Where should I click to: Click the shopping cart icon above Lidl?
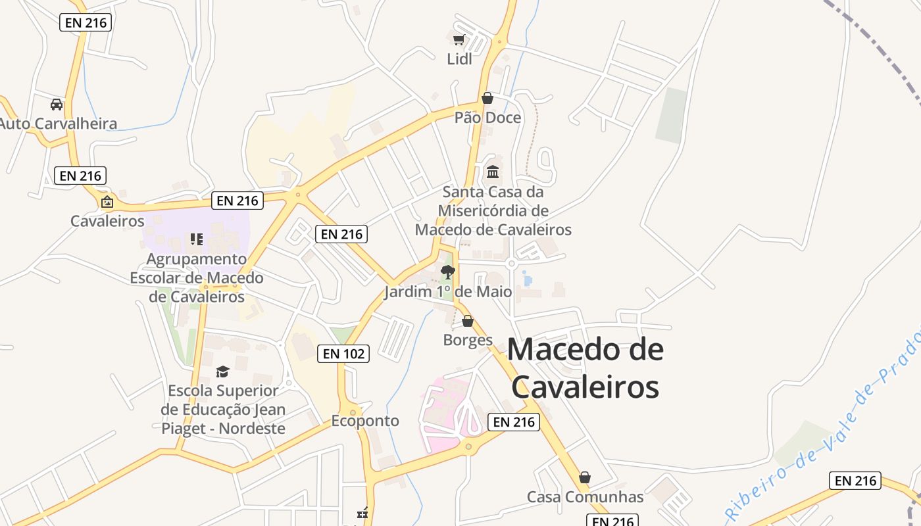pyautogui.click(x=459, y=39)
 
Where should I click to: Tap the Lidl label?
pyautogui.click(x=459, y=59)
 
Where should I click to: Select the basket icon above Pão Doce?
pyautogui.click(x=487, y=98)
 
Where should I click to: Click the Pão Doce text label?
pyautogui.click(x=487, y=118)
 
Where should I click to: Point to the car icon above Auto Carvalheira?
pyautogui.click(x=57, y=104)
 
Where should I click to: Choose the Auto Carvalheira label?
pyautogui.click(x=59, y=123)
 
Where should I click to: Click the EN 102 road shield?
pyautogui.click(x=343, y=353)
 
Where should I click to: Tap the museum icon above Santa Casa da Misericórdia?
pyautogui.click(x=493, y=172)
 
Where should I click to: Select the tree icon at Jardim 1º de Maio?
pyautogui.click(x=448, y=272)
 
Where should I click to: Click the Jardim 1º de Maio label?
pyautogui.click(x=448, y=291)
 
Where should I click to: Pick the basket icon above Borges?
pyautogui.click(x=468, y=321)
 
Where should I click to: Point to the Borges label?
pyautogui.click(x=468, y=340)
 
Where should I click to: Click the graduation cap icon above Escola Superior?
pyautogui.click(x=222, y=371)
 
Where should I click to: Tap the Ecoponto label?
pyautogui.click(x=365, y=421)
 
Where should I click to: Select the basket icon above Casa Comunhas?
pyautogui.click(x=585, y=477)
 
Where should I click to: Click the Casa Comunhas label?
pyautogui.click(x=585, y=496)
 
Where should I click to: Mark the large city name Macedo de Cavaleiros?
pyautogui.click(x=585, y=368)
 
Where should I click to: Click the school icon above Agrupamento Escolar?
pyautogui.click(x=196, y=239)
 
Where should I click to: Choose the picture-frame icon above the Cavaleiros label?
pyautogui.click(x=107, y=202)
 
